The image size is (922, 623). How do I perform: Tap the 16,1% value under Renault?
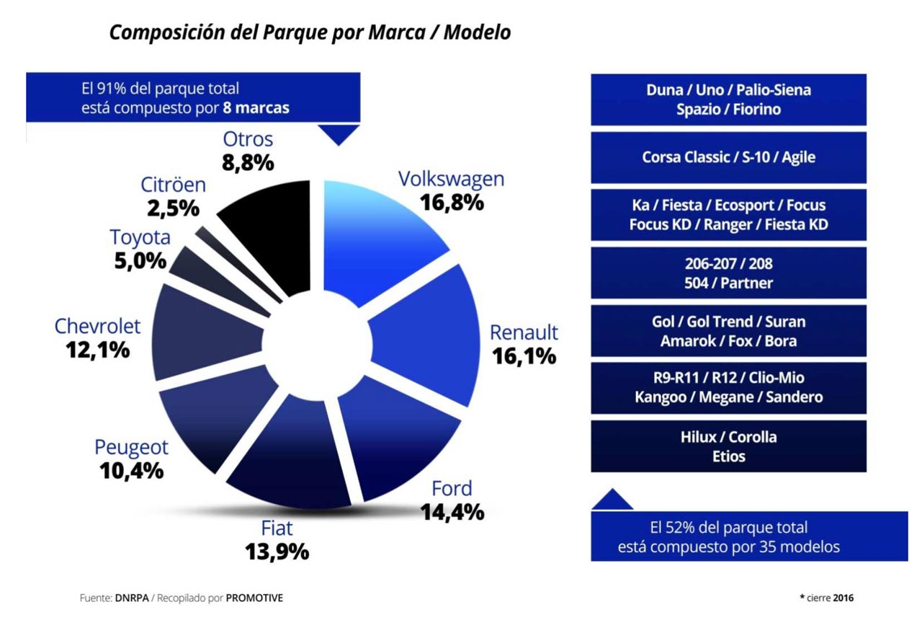coord(524,355)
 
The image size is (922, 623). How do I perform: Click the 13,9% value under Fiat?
coord(277,552)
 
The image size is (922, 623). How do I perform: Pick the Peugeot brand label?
coord(131,447)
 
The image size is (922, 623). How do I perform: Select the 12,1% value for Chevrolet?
coord(97,350)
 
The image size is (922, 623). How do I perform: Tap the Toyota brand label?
coord(140,237)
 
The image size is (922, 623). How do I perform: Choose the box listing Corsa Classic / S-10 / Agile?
coord(728,157)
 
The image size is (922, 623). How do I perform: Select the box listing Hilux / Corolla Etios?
coord(728,446)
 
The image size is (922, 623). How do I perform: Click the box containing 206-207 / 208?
coord(728,273)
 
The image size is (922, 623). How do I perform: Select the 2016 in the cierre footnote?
coord(843,598)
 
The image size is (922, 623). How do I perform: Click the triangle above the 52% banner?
coord(612,500)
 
